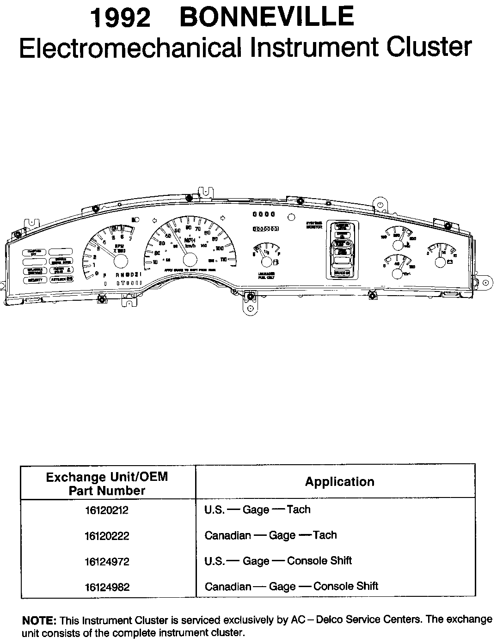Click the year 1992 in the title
click(x=121, y=18)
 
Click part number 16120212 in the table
click(x=107, y=510)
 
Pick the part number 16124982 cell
click(x=107, y=588)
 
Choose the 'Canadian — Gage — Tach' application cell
click(x=270, y=535)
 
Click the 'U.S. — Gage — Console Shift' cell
click(x=278, y=561)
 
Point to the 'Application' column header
click(x=339, y=482)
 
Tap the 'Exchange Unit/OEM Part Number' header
click(x=107, y=483)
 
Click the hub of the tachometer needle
click(x=120, y=261)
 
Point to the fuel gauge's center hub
click(x=266, y=262)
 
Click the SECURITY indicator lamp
click(x=36, y=280)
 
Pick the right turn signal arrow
click(x=223, y=217)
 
